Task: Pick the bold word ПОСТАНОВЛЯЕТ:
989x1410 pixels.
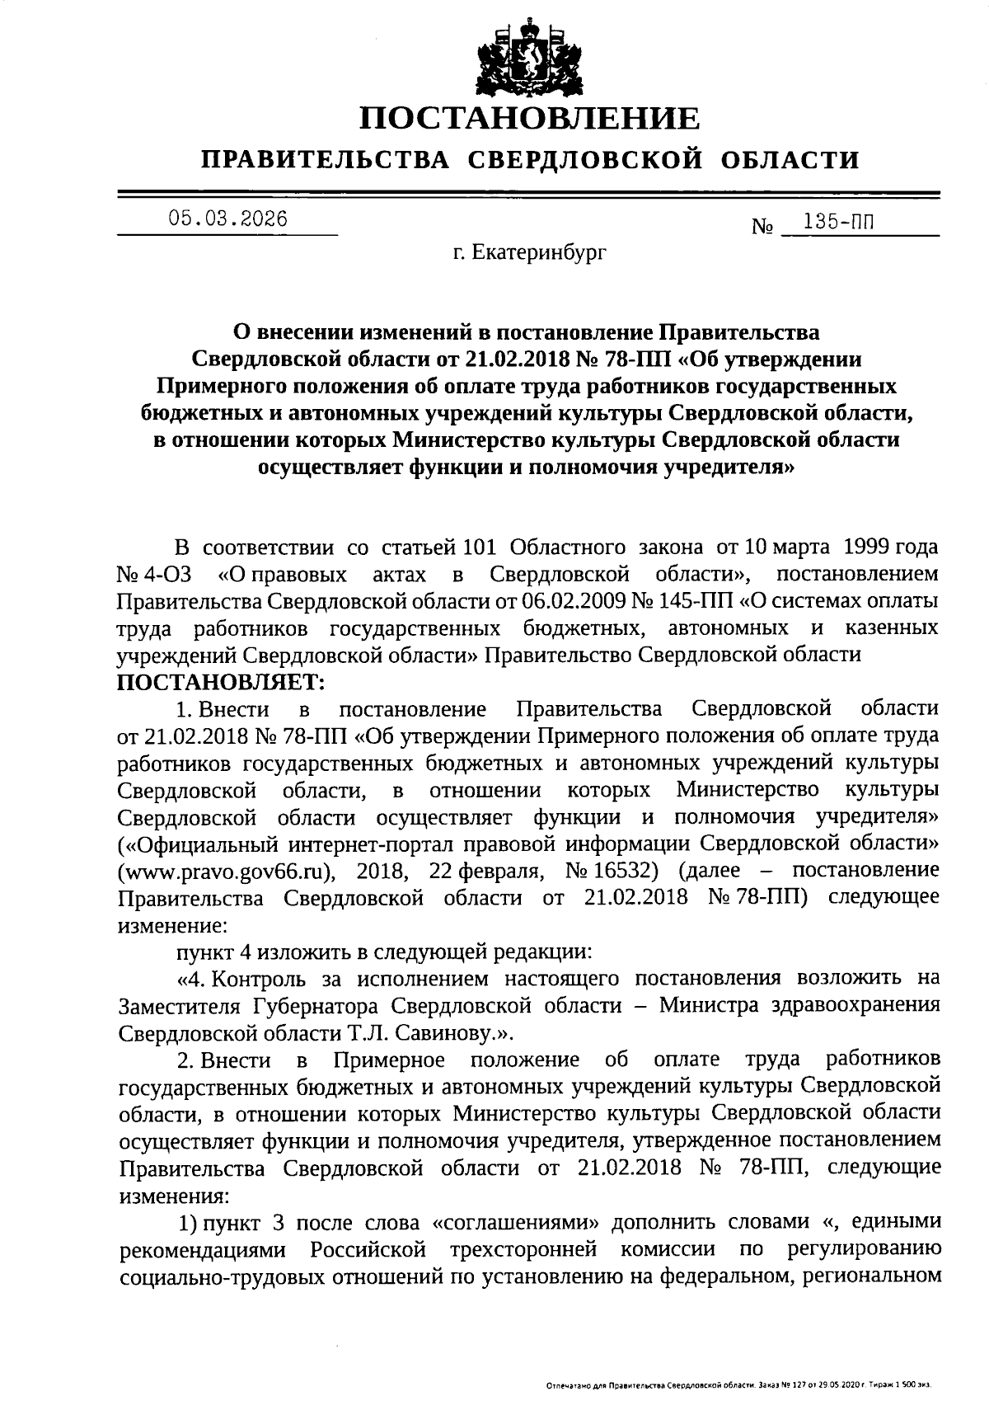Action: pyautogui.click(x=222, y=682)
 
